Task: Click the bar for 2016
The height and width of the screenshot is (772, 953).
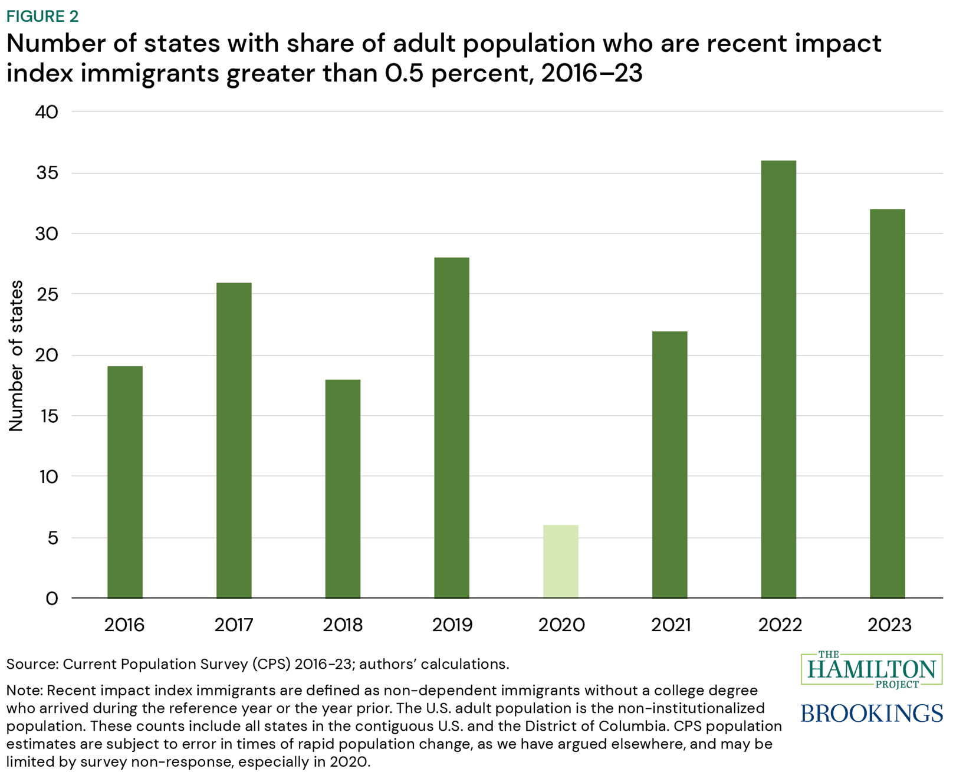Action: (125, 482)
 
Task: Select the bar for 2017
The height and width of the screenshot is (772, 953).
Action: (234, 441)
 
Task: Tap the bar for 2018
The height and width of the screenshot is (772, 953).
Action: (343, 489)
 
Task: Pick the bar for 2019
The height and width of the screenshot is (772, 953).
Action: (452, 428)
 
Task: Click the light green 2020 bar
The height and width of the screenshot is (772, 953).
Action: (561, 561)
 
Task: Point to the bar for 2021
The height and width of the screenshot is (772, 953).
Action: (669, 465)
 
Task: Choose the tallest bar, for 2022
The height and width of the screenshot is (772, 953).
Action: (778, 380)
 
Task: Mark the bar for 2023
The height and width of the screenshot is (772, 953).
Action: (888, 404)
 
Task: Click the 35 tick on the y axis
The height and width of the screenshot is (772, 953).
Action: (47, 173)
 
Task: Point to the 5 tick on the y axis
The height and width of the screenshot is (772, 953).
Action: (53, 538)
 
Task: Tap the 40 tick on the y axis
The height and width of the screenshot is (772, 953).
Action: (47, 112)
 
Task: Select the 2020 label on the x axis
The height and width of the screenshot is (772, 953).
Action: (561, 625)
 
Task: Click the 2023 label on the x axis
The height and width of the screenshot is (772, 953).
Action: (889, 625)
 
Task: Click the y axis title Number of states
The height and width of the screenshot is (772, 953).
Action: (17, 356)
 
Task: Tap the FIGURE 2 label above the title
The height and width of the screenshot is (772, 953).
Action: (42, 16)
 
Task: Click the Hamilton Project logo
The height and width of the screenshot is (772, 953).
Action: (872, 669)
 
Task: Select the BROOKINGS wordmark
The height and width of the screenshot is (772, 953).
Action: (872, 713)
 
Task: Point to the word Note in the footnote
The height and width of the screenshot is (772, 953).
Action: (24, 690)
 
